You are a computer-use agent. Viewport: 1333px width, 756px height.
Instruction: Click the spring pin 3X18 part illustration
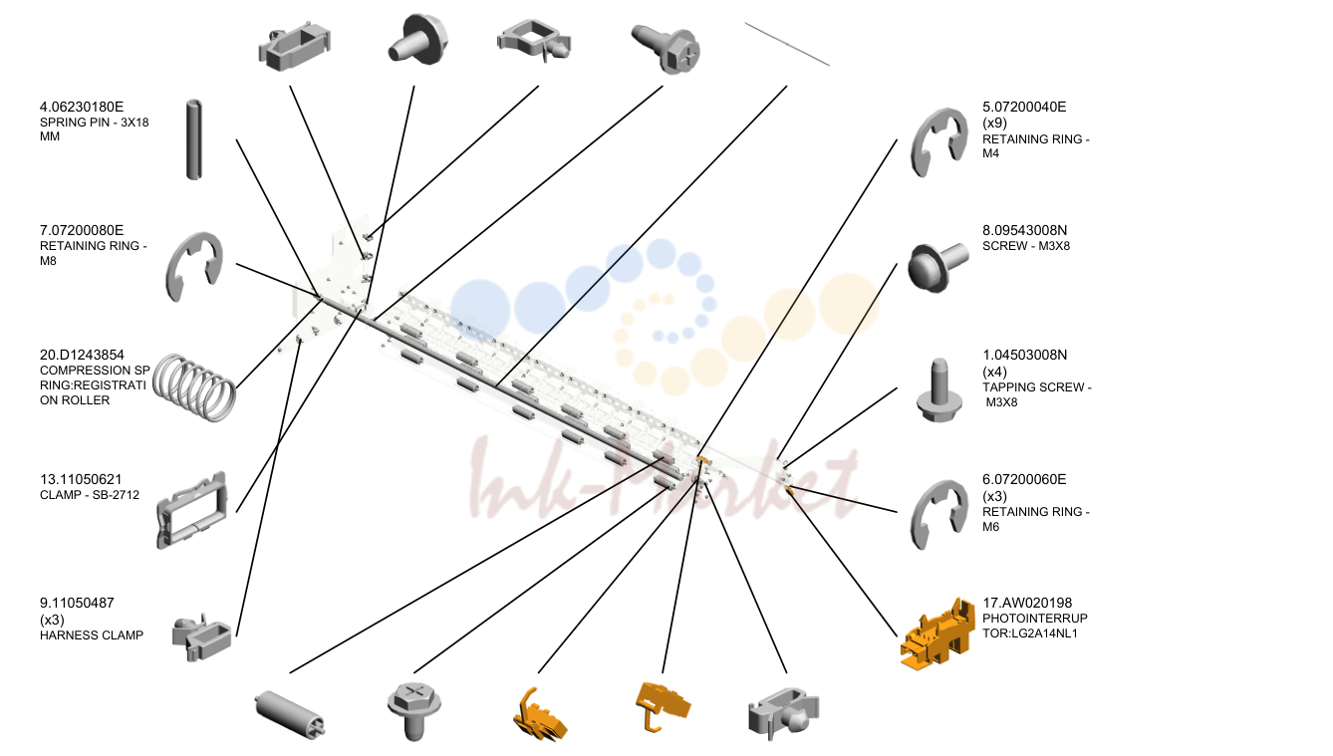coord(193,139)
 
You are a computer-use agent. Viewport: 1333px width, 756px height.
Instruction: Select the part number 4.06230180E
coord(82,107)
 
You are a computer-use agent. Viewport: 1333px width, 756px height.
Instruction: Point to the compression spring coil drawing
coord(194,386)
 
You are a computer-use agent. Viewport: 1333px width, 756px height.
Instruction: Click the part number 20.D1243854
coord(82,356)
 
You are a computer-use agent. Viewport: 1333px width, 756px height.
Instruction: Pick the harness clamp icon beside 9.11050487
coord(201,637)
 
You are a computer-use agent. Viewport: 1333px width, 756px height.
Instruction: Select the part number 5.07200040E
coord(1024,107)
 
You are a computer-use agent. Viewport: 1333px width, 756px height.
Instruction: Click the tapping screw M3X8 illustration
coord(939,390)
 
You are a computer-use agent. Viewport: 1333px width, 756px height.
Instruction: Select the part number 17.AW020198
coord(1027,604)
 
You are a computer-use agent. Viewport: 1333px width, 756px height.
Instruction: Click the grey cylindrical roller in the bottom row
coord(289,714)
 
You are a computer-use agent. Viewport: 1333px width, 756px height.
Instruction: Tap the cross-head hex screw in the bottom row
coord(414,711)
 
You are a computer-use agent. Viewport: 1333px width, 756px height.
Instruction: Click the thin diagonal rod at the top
coord(787,44)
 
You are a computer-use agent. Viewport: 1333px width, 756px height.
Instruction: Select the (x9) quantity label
coord(994,124)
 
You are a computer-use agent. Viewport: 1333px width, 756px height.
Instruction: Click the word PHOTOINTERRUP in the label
coord(1035,619)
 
